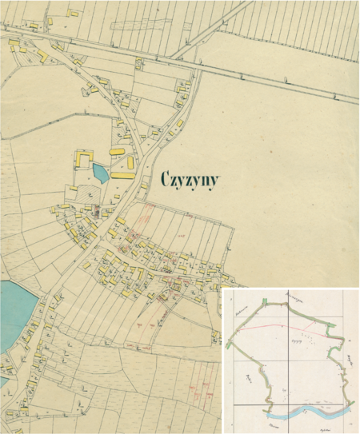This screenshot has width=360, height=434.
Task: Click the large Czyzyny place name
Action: (194, 179)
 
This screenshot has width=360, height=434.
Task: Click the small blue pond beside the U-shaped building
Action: (100, 172)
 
